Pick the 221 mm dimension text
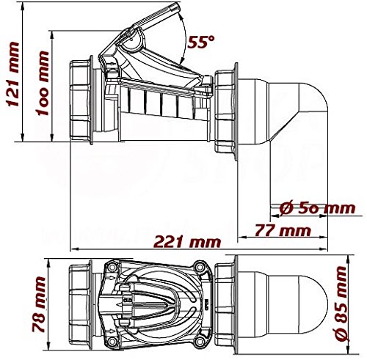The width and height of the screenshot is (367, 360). [179, 240]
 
